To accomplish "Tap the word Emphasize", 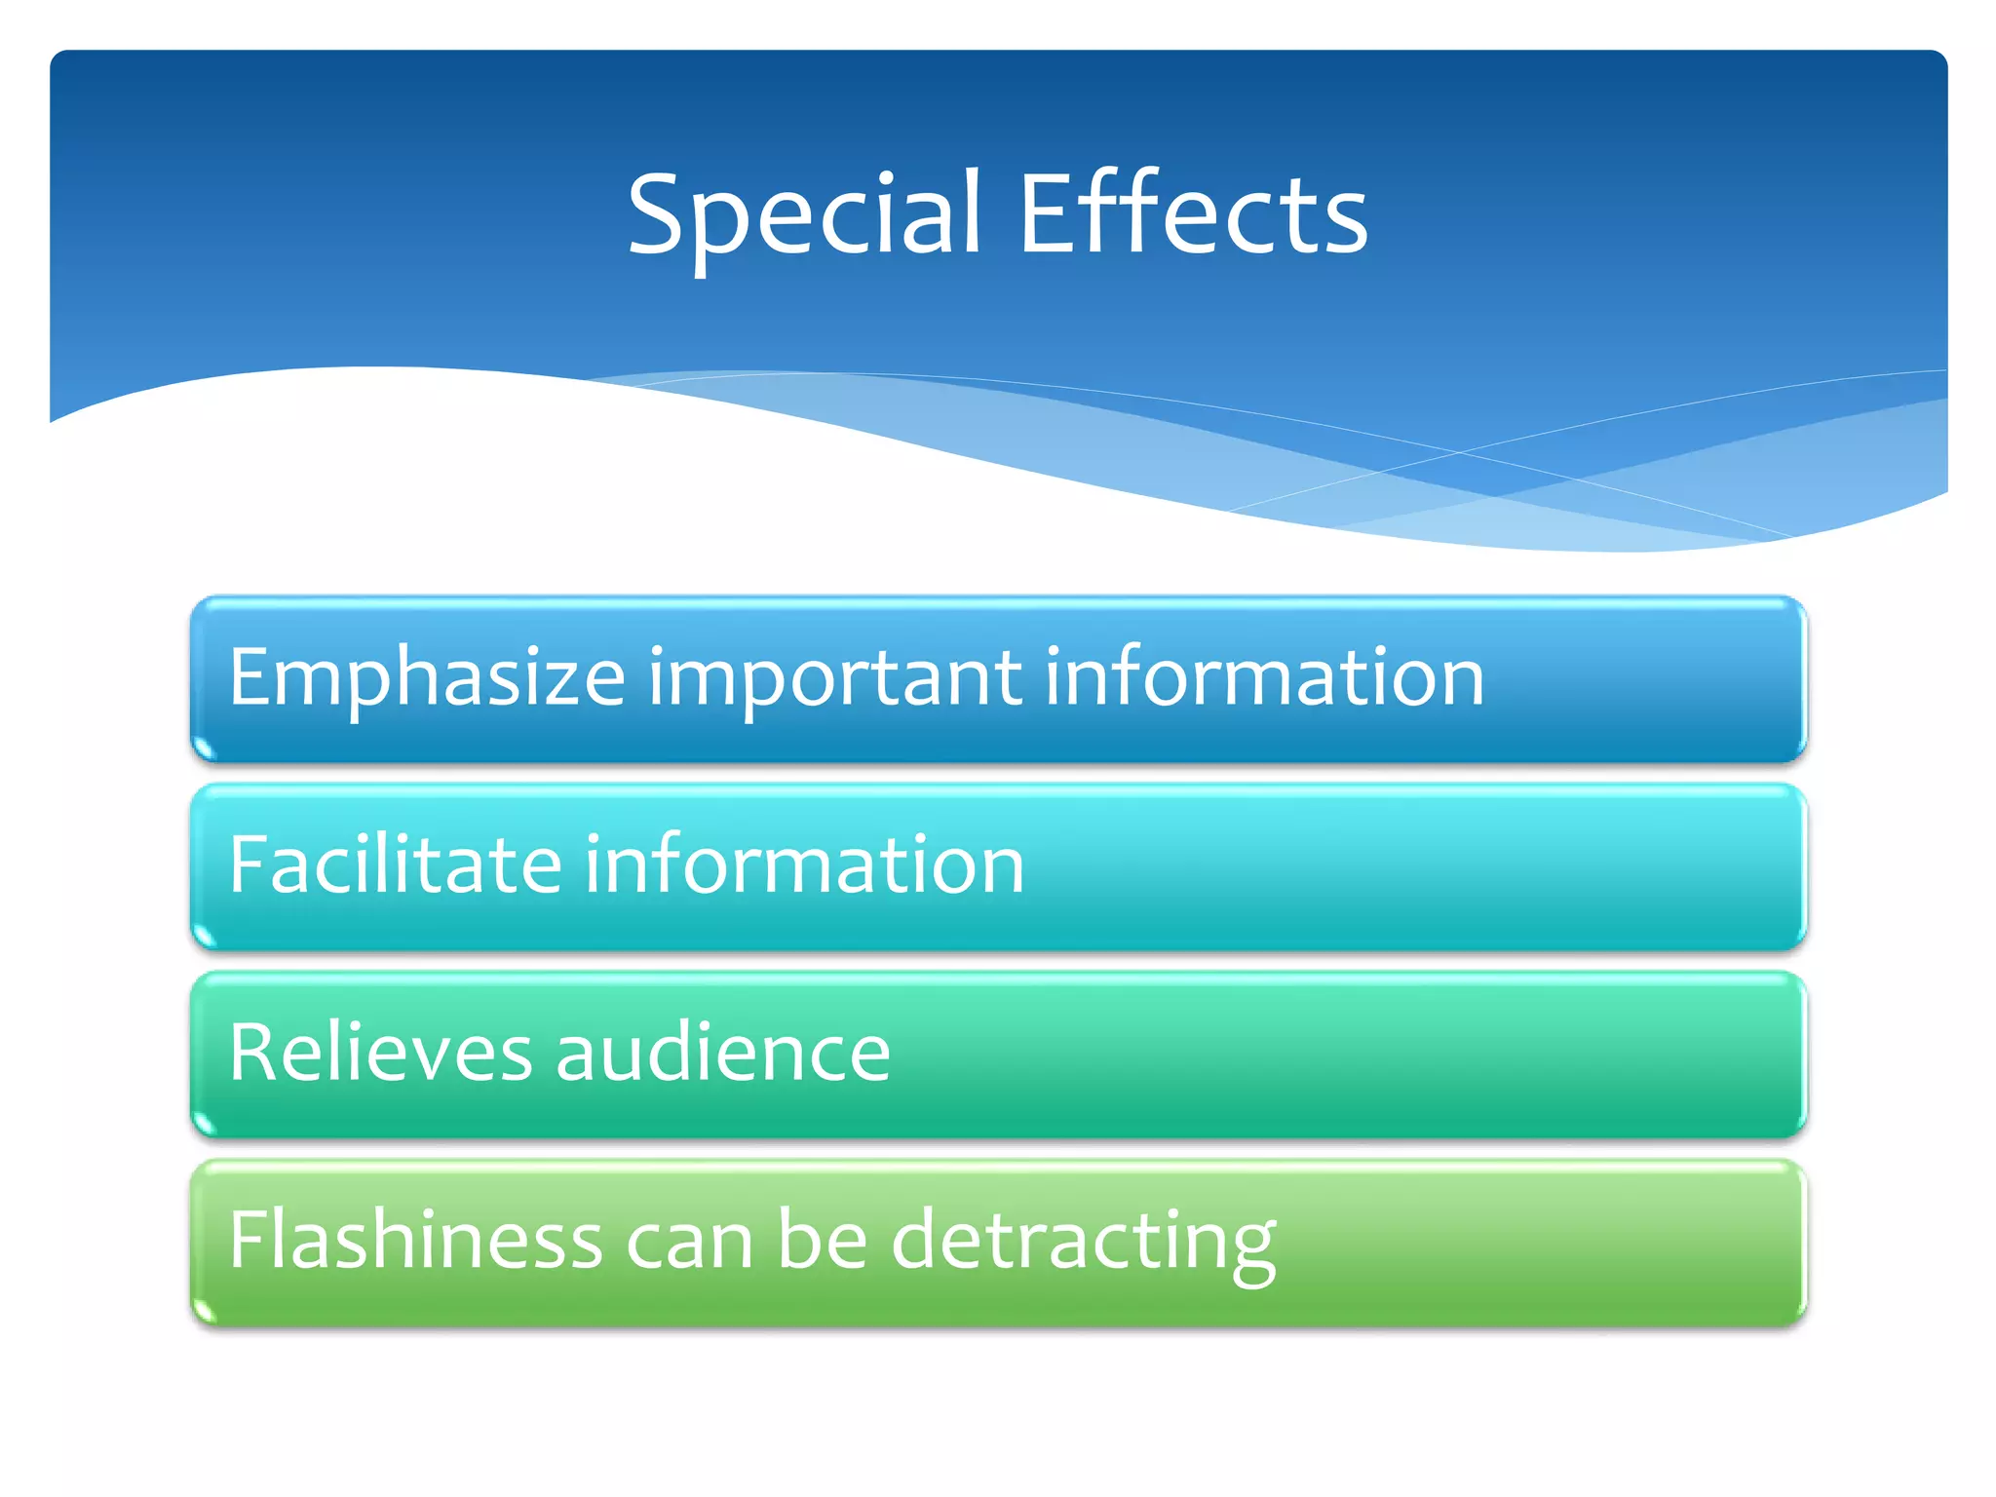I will click(427, 678).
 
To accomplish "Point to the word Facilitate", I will click(396, 864).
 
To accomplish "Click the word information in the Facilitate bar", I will click(804, 864).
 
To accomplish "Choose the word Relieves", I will click(381, 1053).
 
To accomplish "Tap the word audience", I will click(723, 1053).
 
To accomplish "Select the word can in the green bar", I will click(690, 1242).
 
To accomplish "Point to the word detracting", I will click(1084, 1242).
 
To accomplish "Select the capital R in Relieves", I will click(253, 1053).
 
